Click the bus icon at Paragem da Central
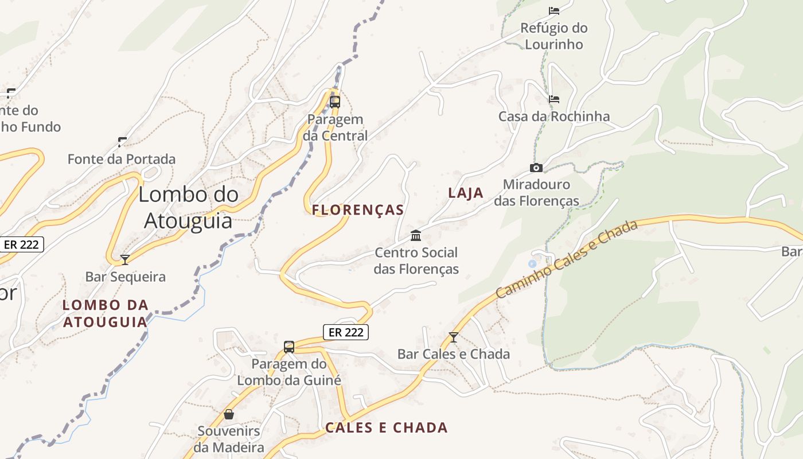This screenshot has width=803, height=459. click(x=334, y=102)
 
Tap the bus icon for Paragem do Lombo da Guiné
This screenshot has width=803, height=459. click(x=289, y=347)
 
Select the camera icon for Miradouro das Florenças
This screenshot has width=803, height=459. click(x=536, y=168)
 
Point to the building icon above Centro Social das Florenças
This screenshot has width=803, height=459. click(x=416, y=235)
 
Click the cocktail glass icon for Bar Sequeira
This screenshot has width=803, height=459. click(x=125, y=260)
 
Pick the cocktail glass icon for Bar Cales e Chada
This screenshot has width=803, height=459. click(x=454, y=337)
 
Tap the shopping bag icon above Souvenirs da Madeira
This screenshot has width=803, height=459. click(x=229, y=414)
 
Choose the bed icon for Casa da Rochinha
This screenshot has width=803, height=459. click(x=554, y=99)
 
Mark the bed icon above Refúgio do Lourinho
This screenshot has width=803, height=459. click(x=554, y=10)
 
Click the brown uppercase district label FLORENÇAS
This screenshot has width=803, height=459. click(x=358, y=210)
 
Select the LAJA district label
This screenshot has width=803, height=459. click(x=466, y=193)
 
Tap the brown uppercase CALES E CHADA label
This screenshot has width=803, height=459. click(x=387, y=427)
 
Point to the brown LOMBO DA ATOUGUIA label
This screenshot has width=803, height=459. click(x=106, y=313)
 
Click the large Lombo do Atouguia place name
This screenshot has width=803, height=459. click(x=188, y=207)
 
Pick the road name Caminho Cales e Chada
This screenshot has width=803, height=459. click(x=567, y=259)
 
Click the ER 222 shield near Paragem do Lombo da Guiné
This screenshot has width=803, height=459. click(x=345, y=332)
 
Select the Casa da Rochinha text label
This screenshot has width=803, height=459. click(x=554, y=116)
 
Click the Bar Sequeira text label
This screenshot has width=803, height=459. click(x=126, y=277)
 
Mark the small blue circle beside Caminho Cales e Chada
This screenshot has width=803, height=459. click(x=532, y=263)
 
